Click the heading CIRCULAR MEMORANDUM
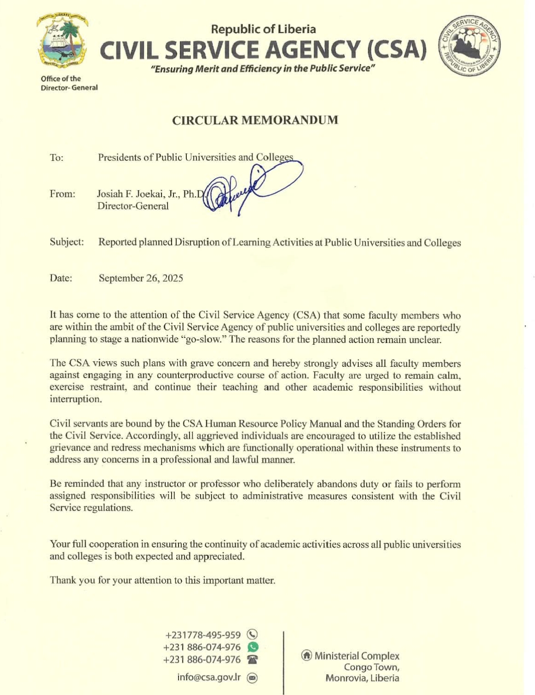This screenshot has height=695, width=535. [255, 120]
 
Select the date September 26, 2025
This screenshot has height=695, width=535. [141, 278]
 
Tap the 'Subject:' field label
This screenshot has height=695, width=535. [67, 242]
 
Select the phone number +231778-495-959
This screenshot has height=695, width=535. [203, 635]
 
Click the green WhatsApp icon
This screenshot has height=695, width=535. [253, 647]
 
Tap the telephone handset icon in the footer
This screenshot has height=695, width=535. [252, 660]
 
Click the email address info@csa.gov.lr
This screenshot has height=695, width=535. [209, 678]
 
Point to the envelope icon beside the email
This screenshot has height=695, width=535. [252, 678]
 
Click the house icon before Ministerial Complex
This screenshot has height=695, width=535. [306, 655]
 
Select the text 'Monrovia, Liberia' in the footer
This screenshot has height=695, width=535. [362, 678]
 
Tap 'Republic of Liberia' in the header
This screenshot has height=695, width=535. [263, 29]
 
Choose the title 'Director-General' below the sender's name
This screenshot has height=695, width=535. [132, 206]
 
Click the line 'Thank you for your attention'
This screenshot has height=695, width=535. [162, 580]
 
